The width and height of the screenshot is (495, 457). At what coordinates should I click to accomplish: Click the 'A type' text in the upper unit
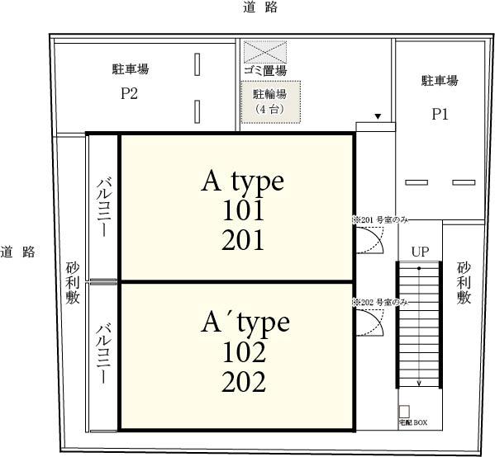pyautogui.click(x=242, y=181)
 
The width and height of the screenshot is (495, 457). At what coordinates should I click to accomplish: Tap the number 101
pyautogui.click(x=242, y=210)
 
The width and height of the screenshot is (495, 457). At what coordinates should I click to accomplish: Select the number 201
pyautogui.click(x=242, y=240)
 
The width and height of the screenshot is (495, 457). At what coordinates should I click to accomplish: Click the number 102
pyautogui.click(x=244, y=353)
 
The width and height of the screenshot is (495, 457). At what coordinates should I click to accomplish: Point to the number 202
pyautogui.click(x=244, y=383)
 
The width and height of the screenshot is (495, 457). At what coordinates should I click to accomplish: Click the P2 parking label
pyautogui.click(x=129, y=93)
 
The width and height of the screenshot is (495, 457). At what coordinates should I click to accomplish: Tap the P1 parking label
pyautogui.click(x=440, y=115)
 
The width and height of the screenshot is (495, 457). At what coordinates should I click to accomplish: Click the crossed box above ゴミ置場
pyautogui.click(x=264, y=51)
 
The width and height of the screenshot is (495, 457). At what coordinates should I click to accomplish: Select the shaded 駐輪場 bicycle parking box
pyautogui.click(x=270, y=101)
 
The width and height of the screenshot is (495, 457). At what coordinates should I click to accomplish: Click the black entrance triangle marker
pyautogui.click(x=378, y=117)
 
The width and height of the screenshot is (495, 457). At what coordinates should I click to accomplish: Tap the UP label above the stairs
pyautogui.click(x=420, y=251)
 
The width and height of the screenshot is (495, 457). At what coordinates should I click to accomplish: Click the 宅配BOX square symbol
pyautogui.click(x=404, y=411)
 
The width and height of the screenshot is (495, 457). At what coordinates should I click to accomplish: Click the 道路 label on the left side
pyautogui.click(x=17, y=252)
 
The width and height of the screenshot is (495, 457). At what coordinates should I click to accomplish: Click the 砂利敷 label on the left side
pyautogui.click(x=73, y=283)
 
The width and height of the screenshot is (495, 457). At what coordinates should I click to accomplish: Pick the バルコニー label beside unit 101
pyautogui.click(x=104, y=207)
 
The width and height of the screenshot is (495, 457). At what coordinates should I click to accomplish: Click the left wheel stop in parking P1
pyautogui.click(x=416, y=181)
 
